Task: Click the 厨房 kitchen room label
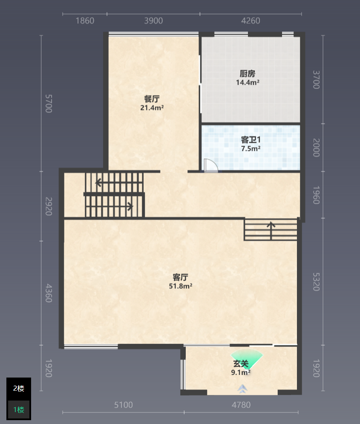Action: click(247, 74)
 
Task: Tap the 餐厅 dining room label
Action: click(152, 99)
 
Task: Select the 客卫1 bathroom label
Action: click(251, 140)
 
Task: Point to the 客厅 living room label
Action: click(180, 277)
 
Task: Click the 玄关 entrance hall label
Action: click(241, 363)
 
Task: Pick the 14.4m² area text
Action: click(248, 82)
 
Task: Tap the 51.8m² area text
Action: click(181, 286)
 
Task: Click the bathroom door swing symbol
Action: click(211, 165)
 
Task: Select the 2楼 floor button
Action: click(19, 389)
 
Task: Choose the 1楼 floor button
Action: click(19, 410)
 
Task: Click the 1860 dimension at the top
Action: click(85, 21)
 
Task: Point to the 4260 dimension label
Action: click(251, 21)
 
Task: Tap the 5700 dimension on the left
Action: click(49, 104)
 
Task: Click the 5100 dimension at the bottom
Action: click(124, 405)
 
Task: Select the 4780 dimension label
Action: click(241, 405)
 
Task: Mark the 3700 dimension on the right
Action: click(316, 80)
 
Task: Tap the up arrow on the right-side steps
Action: click(271, 231)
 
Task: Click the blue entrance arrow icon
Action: click(242, 389)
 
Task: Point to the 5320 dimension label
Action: click(316, 282)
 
